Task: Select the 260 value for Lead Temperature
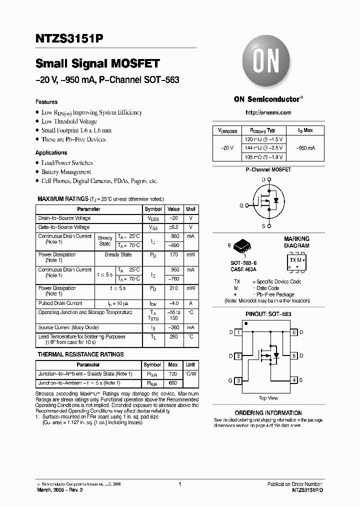tap(173, 337)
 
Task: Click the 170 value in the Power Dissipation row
tap(173, 254)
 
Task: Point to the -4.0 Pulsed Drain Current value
tap(173, 303)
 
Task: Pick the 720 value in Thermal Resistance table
tap(173, 374)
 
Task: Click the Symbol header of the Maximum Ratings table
tap(153, 209)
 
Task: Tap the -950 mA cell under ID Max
tap(305, 148)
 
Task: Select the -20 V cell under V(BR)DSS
tap(226, 148)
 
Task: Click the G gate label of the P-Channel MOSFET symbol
tap(241, 205)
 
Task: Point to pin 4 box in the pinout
tap(294, 380)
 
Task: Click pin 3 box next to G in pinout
tap(238, 380)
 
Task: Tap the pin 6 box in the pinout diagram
tap(294, 332)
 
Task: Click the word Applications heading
tap(51, 153)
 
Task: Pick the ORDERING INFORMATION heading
tap(268, 413)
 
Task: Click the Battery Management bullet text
tap(66, 172)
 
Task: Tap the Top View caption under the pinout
tap(268, 398)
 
